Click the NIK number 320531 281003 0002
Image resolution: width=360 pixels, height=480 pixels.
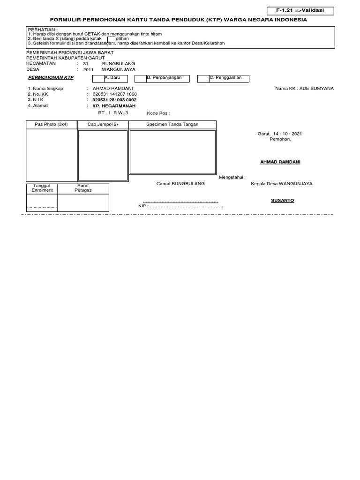coord(114,100)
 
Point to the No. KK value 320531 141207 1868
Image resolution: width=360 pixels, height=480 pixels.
coord(114,94)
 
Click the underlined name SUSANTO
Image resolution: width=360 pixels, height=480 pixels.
coord(282,200)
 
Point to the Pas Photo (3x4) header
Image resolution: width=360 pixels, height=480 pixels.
coord(51,124)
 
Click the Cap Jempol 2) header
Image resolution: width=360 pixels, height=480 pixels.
coord(103,124)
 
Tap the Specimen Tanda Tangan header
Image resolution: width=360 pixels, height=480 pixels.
coord(172,124)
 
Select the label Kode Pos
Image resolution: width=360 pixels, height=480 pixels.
coord(158,113)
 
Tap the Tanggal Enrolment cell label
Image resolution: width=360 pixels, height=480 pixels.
coord(42,188)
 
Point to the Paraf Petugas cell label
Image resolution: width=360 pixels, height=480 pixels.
coord(83,188)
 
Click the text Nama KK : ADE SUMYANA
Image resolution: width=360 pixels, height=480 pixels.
coord(304,88)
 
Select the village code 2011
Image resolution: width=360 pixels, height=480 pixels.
coord(89,69)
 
